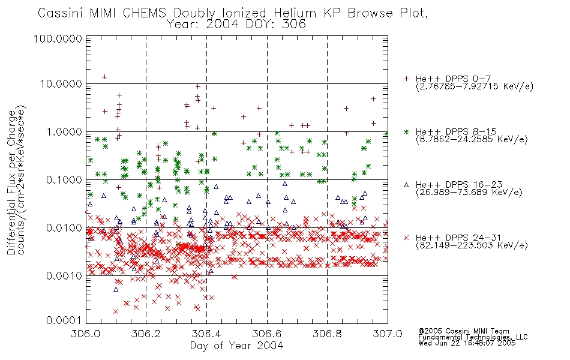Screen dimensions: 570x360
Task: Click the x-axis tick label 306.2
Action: pyautogui.click(x=146, y=334)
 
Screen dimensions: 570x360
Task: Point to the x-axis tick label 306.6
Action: pyautogui.click(x=267, y=334)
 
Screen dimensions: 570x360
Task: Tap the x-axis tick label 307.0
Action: pyautogui.click(x=388, y=334)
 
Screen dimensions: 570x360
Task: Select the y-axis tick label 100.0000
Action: pyautogui.click(x=58, y=38)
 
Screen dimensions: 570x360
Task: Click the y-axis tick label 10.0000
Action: pyautogui.click(x=61, y=84)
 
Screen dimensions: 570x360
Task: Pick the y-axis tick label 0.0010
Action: pyautogui.click(x=64, y=276)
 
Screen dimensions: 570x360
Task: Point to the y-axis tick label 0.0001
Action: pyautogui.click(x=64, y=320)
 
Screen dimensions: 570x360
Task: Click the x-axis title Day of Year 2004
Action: pyautogui.click(x=236, y=346)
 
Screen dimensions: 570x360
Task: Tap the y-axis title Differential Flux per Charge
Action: pyautogui.click(x=11, y=182)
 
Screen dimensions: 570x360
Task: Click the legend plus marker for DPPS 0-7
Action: pyautogui.click(x=406, y=79)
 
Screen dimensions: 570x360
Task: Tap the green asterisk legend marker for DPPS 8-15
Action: pyautogui.click(x=406, y=131)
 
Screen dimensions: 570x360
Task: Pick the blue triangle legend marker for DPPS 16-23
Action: pyautogui.click(x=406, y=185)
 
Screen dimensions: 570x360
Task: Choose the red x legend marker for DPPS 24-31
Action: pyautogui.click(x=406, y=238)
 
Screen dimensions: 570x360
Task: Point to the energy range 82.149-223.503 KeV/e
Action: pyautogui.click(x=472, y=245)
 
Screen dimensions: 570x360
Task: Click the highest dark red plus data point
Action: pyautogui.click(x=104, y=77)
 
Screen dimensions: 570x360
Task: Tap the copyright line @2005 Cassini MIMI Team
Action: pyautogui.click(x=463, y=331)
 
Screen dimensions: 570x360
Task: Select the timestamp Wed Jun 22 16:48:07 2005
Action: pyautogui.click(x=467, y=343)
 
